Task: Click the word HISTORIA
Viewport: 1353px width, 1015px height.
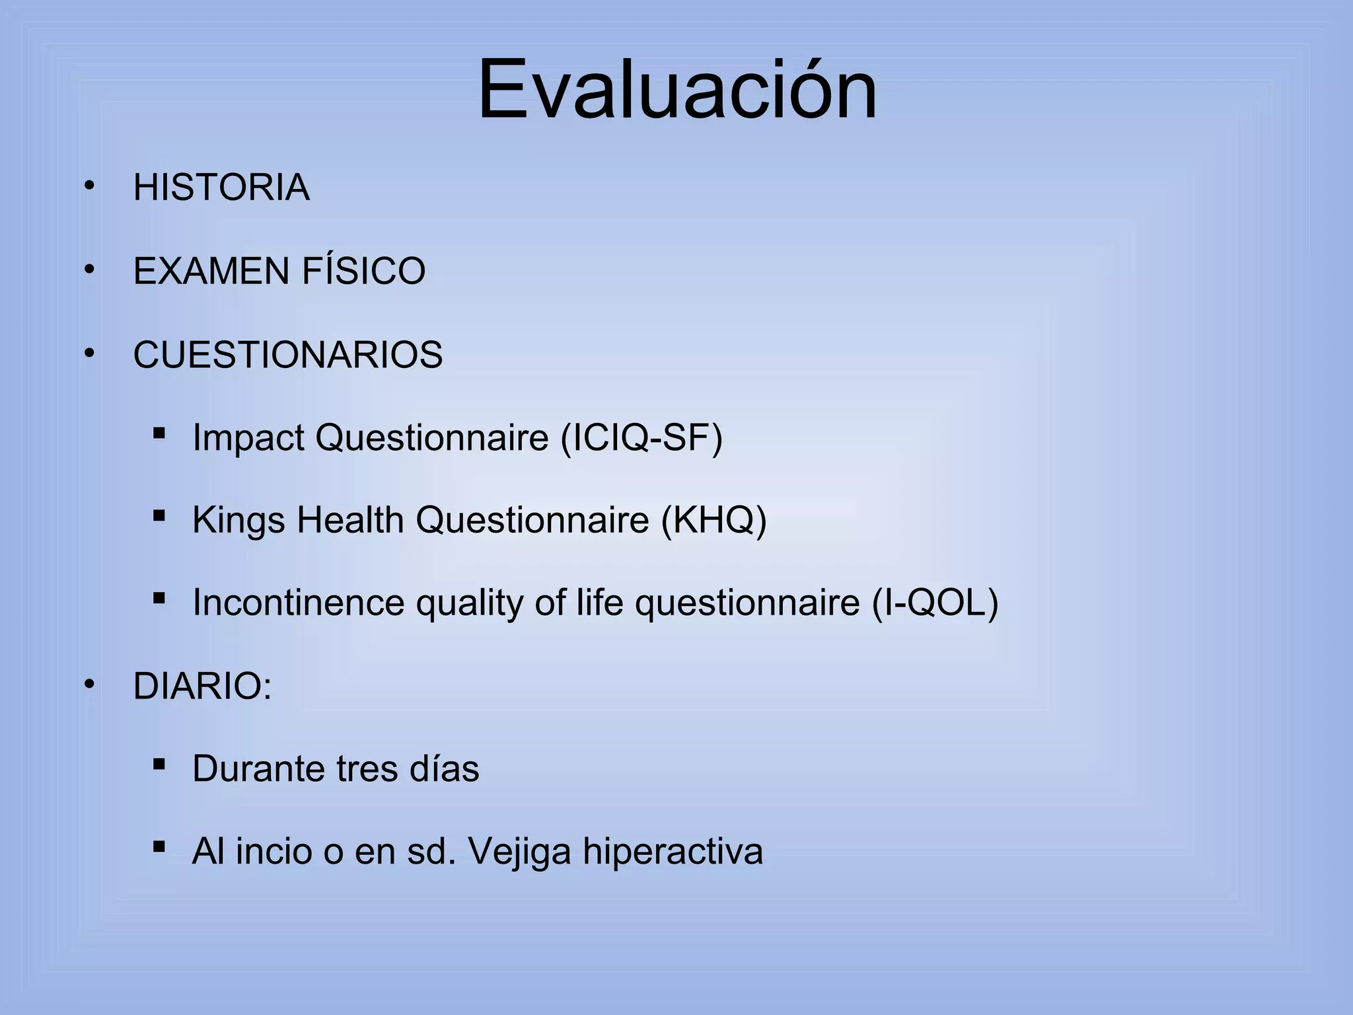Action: point(221,187)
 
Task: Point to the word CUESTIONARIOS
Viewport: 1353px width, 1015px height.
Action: point(288,355)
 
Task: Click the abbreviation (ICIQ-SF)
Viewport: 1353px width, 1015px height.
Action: point(641,437)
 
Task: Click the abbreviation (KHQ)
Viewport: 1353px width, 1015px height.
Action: point(714,520)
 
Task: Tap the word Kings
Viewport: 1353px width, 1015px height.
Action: point(238,520)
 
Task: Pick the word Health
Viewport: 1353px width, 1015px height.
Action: point(350,520)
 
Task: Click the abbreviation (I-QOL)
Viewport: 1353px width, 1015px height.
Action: point(935,603)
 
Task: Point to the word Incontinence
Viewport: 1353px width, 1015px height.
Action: point(299,603)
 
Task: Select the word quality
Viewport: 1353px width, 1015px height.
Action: point(470,603)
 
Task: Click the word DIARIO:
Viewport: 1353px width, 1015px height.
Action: point(202,686)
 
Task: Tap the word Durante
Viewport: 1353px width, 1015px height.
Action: point(258,769)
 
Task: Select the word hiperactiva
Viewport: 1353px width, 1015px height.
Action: point(673,851)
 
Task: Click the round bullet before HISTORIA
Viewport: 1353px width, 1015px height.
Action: point(89,186)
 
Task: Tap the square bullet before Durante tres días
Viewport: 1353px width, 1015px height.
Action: point(159,765)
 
